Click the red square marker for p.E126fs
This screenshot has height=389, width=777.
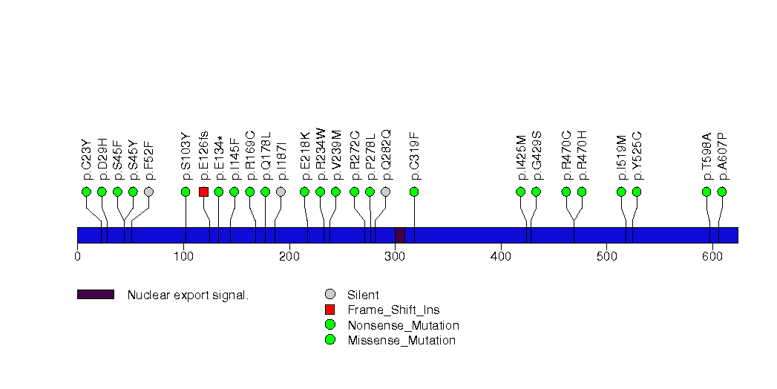203,192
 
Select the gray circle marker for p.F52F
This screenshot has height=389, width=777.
148,192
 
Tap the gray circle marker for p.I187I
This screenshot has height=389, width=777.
281,192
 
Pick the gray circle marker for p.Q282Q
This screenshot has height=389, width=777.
385,192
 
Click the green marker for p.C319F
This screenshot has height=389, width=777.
414,192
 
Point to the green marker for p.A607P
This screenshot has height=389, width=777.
721,192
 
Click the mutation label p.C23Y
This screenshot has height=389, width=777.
87,161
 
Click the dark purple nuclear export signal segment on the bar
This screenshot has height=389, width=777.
399,235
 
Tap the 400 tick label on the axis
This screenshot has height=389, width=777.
501,257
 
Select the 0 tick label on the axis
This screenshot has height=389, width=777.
77,257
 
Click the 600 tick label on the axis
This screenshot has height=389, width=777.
712,257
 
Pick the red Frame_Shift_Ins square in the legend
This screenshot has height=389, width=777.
330,310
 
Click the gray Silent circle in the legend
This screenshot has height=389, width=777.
330,295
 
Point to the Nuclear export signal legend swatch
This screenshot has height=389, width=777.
95,295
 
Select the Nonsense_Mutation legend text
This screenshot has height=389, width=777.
403,325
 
